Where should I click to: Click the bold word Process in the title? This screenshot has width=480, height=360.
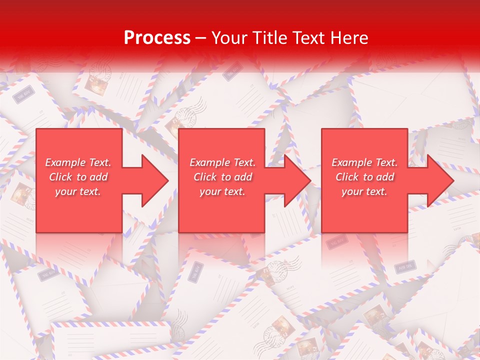pyautogui.click(x=157, y=38)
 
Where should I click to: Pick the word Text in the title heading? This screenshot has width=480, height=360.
pyautogui.click(x=308, y=38)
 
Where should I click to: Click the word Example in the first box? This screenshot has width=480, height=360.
pyautogui.click(x=65, y=162)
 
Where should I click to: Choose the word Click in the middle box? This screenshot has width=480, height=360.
pyautogui.click(x=205, y=177)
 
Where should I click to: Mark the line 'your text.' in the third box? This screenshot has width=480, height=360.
pyautogui.click(x=364, y=191)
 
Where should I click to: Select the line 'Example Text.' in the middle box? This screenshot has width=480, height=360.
pyautogui.click(x=222, y=162)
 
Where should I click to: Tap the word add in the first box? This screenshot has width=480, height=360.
pyautogui.click(x=98, y=177)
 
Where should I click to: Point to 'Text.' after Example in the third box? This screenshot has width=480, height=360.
pyautogui.click(x=385, y=162)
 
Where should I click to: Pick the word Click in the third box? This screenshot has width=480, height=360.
pyautogui.click(x=347, y=177)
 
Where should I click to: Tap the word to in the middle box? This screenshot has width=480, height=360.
pyautogui.click(x=226, y=177)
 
